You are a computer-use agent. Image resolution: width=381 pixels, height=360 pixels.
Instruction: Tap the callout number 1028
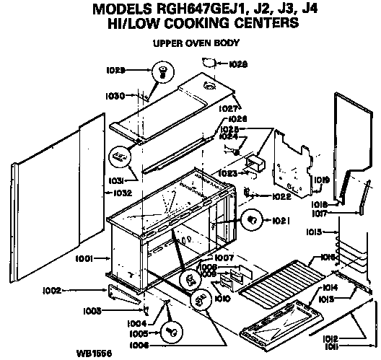tap(239, 64)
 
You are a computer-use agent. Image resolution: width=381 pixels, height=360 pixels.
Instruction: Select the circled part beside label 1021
tap(253, 219)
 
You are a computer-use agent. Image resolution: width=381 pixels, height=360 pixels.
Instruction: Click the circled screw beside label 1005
tap(173, 333)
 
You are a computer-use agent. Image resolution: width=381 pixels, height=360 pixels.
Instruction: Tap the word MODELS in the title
tap(121, 9)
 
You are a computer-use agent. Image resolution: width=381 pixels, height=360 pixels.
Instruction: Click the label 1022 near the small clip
tap(280, 196)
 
